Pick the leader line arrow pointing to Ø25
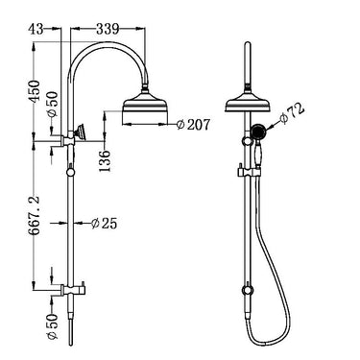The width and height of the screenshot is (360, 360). pyautogui.click(x=79, y=224)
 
